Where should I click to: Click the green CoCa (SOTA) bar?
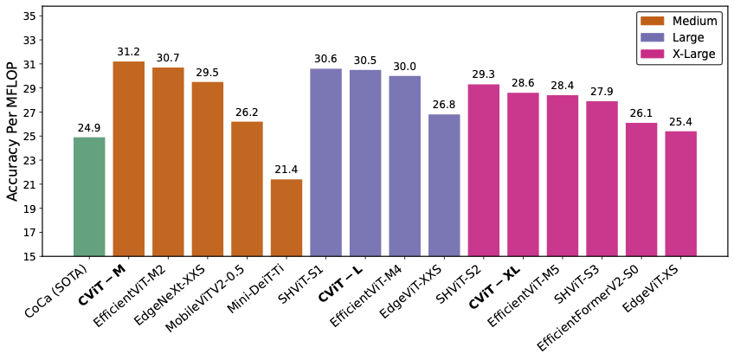[89, 196]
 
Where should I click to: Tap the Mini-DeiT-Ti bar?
[287, 217]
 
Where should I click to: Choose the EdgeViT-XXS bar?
[444, 185]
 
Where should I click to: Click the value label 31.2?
[129, 53]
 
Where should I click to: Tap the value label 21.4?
[287, 170]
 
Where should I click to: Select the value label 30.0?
[405, 67]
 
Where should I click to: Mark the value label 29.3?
[484, 75]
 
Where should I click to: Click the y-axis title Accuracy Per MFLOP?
[13, 136]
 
